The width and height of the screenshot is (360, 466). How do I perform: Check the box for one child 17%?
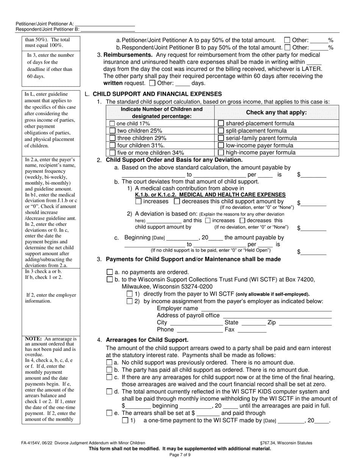click(112, 124)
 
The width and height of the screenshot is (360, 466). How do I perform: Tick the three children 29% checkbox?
click(112, 138)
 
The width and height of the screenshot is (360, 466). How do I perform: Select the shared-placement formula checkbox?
click(221, 124)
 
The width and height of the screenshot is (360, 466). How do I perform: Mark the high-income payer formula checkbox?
click(221, 153)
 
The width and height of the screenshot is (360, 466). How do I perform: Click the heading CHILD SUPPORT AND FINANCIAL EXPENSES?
click(157, 94)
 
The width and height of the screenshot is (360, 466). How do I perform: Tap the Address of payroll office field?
click(277, 316)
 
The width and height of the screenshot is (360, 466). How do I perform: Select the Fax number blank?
click(252, 330)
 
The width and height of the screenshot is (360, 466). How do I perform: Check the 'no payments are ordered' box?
click(110, 272)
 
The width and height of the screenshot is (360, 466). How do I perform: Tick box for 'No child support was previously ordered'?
click(110, 363)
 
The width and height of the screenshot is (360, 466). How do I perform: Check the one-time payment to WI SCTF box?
click(125, 421)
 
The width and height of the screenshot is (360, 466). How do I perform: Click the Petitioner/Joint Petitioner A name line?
click(108, 23)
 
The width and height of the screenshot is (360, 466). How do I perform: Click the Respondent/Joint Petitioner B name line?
click(108, 29)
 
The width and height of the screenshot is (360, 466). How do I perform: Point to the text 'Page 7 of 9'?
click(180, 455)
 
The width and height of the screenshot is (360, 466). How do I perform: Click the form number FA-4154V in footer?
click(31, 443)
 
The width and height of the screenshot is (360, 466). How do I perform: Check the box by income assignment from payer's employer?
click(130, 301)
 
